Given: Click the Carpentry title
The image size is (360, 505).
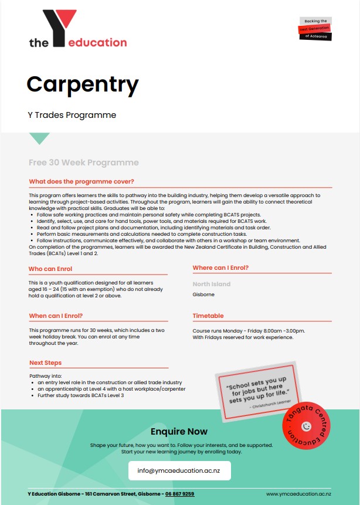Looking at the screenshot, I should tap(82, 84).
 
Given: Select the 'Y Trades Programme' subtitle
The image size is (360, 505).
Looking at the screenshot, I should tap(72, 115).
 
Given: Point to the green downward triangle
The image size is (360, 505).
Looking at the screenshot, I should tap(40, 138).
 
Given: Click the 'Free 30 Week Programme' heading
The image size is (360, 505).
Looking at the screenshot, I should tap(83, 162).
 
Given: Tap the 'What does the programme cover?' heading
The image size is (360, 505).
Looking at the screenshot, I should tap(81, 181).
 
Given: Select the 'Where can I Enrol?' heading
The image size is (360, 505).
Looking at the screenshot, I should tap(220, 268).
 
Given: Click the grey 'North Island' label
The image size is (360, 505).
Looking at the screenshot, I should tap(211, 284).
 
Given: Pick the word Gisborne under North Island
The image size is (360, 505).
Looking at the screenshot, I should tap(203, 294).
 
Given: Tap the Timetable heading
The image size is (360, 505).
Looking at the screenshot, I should tap(208, 316).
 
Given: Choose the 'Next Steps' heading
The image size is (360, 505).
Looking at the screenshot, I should tap(45, 363).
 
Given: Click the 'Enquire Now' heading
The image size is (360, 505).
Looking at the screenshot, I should tap(179, 432).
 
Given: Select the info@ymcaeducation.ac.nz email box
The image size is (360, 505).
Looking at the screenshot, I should tap(179, 470).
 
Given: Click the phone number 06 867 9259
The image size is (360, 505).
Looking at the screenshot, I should tap(179, 494).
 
